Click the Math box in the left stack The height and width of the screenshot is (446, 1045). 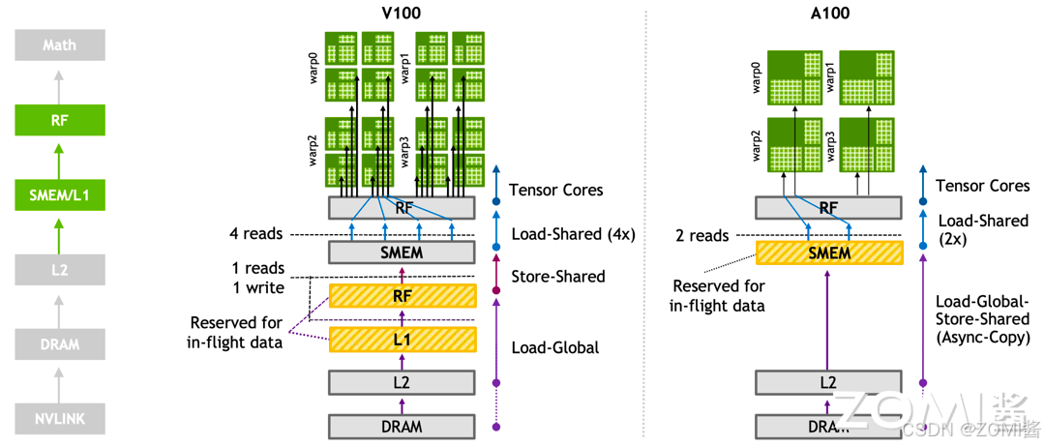click(x=60, y=45)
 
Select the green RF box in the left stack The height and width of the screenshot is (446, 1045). click(x=60, y=121)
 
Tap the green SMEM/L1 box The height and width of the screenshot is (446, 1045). click(x=60, y=196)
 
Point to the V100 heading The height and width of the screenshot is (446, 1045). click(x=402, y=14)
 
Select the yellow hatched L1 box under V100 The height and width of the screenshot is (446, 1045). click(x=403, y=339)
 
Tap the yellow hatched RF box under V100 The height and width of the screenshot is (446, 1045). click(x=403, y=296)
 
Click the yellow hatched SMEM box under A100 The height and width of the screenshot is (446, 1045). click(x=828, y=253)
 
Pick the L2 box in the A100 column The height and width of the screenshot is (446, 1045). click(x=828, y=382)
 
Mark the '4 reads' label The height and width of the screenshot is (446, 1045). click(x=257, y=233)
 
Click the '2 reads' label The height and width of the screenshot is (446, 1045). click(x=702, y=235)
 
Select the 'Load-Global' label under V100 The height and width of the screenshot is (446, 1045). click(x=554, y=347)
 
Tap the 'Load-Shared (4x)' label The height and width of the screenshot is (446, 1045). click(x=572, y=233)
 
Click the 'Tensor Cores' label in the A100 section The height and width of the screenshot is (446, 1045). click(x=982, y=185)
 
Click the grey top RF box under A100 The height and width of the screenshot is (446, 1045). click(x=828, y=207)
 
